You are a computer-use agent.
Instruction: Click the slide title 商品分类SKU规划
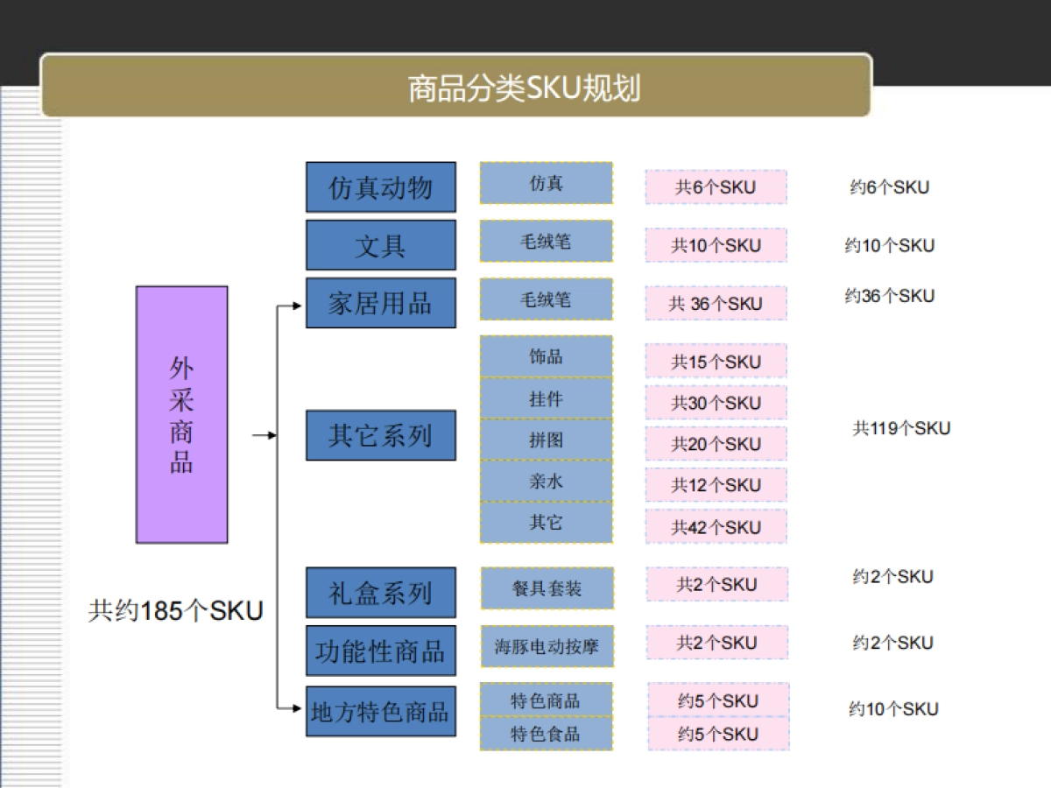click(x=524, y=88)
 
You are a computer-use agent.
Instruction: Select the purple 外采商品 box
click(x=181, y=414)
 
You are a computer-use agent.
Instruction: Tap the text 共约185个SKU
click(x=175, y=610)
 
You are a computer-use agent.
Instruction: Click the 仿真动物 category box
click(x=380, y=187)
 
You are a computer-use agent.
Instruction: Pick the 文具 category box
click(x=380, y=245)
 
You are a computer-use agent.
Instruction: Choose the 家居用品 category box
click(x=380, y=303)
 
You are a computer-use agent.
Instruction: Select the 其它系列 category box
click(x=380, y=435)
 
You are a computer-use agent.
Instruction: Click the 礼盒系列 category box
click(x=380, y=593)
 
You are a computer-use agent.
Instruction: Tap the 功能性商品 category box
click(x=380, y=651)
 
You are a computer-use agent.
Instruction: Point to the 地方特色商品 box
click(x=380, y=711)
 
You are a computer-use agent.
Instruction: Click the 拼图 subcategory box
click(x=546, y=440)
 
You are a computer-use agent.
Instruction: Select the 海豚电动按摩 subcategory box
click(x=547, y=647)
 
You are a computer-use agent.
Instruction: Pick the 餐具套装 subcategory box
click(x=547, y=588)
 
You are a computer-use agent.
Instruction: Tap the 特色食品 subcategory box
click(x=546, y=734)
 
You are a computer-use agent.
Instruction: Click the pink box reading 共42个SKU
click(x=716, y=527)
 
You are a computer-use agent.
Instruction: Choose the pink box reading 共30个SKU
click(x=716, y=403)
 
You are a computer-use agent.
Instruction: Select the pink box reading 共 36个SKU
click(x=716, y=304)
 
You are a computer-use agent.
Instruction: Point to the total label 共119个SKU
click(x=901, y=428)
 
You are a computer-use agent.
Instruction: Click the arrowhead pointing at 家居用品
click(x=295, y=306)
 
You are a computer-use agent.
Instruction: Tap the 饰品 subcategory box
click(x=546, y=357)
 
